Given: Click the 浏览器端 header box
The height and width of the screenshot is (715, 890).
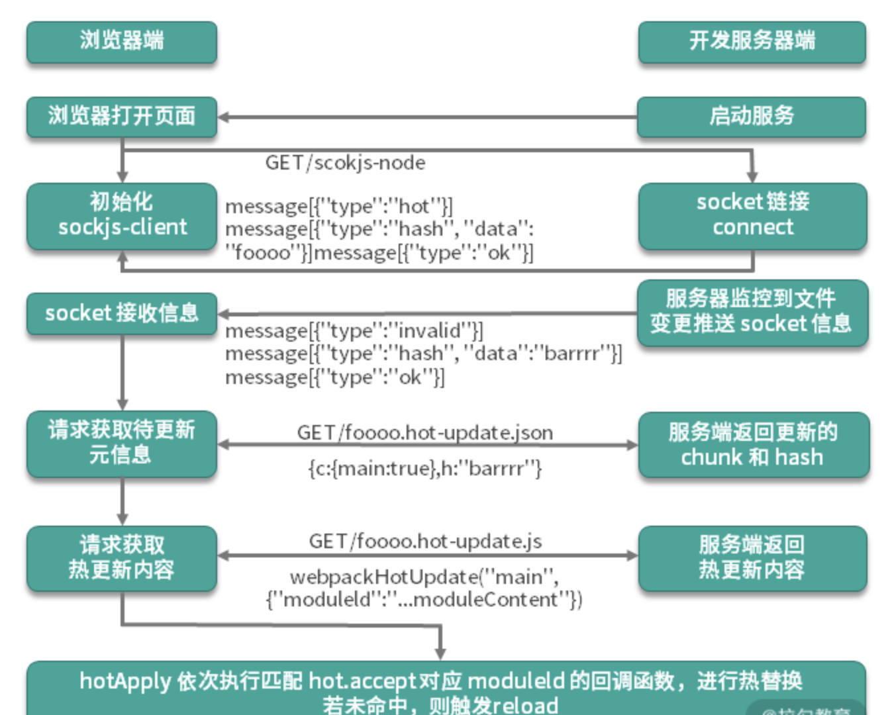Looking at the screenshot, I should pos(122,42).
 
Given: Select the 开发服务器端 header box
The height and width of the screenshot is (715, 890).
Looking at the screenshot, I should pos(752,42).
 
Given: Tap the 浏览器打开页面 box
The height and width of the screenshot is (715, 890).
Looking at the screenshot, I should pos(122,117).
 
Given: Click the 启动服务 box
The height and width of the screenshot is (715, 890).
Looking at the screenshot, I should pos(752,117).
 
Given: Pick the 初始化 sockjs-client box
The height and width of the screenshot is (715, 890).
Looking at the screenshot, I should pos(122,215).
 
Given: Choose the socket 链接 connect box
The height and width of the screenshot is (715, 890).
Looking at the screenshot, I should pos(752,215).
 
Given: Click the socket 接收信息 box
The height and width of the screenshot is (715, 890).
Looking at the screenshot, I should pos(122,313).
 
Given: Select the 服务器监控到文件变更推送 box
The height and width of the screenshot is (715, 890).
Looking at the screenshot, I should pos(752,312).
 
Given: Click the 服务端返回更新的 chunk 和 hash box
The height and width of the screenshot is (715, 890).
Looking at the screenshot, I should pos(753,444).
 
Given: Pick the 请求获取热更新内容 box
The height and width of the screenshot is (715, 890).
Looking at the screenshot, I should pos(122,557).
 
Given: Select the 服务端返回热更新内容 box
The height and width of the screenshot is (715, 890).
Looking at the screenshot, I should pos(752,557).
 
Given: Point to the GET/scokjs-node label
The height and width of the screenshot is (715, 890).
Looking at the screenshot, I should pos(345,163).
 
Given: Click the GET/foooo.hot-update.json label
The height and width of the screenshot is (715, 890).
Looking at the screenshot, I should pos(424,433).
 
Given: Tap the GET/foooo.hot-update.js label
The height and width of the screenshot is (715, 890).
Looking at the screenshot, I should pos(425,542).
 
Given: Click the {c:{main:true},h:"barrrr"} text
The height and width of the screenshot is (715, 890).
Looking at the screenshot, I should pos(424,469).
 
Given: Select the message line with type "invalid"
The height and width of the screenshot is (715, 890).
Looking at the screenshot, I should pos(354,330).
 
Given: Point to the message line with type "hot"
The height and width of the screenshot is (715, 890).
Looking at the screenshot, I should pos(339,207).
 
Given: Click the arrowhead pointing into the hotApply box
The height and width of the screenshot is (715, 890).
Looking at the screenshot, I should pos(440,653).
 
